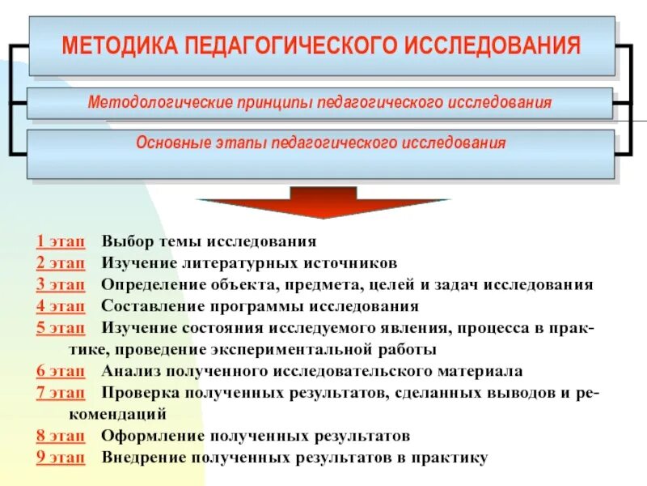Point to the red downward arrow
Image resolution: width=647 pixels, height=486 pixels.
pos(323,202)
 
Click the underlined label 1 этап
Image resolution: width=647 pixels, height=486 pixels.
pos(60,241)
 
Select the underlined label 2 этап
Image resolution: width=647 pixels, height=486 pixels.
pos(60,263)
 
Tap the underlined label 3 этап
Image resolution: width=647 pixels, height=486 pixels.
pos(60,285)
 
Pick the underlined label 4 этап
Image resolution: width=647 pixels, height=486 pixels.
pos(60,307)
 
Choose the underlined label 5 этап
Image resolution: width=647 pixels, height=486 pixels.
pos(60,328)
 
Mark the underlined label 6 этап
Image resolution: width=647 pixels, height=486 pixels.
pos(60,372)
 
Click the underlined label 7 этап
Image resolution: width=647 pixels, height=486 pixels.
pos(60,393)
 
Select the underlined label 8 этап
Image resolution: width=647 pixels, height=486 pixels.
pos(60,436)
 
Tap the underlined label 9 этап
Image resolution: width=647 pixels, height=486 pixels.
pos(60,458)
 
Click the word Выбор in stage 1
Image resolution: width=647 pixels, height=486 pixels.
pos(125,241)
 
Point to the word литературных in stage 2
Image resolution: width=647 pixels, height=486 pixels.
pos(228,263)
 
